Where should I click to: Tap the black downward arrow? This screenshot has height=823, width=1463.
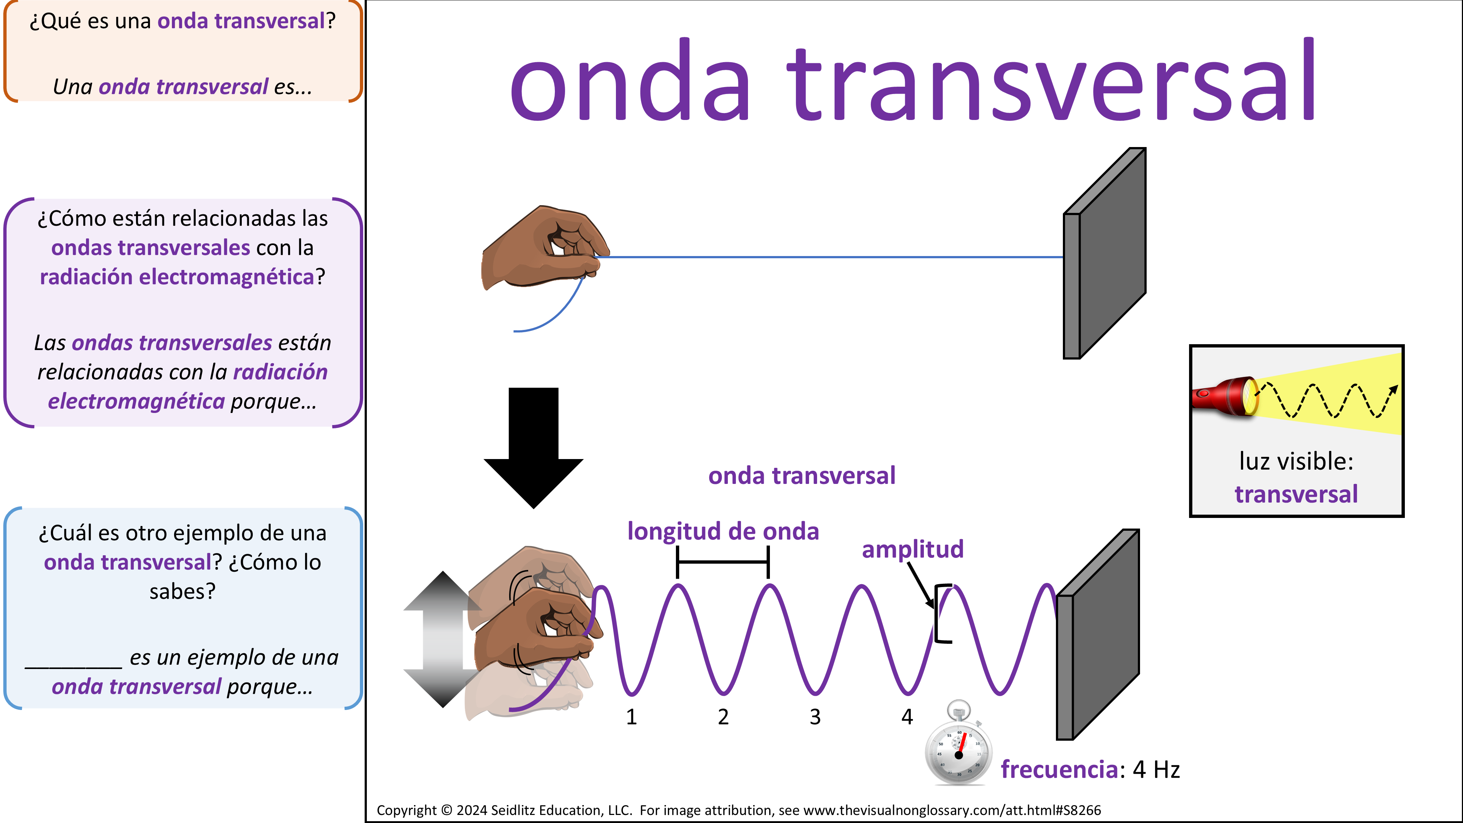coord(533,448)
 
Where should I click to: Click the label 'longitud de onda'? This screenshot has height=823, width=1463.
coord(723,531)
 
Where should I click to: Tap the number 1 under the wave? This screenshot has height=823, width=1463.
coord(632,717)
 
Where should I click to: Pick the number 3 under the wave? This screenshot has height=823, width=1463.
coord(815,717)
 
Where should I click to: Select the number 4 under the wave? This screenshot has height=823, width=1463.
coord(907,717)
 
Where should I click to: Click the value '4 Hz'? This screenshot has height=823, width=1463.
coord(1156,770)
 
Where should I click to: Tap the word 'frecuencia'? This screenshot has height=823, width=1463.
coord(1059,770)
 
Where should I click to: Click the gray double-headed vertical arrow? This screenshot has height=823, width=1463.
coord(443,639)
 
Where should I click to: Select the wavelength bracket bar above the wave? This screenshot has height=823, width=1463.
coord(723,562)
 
